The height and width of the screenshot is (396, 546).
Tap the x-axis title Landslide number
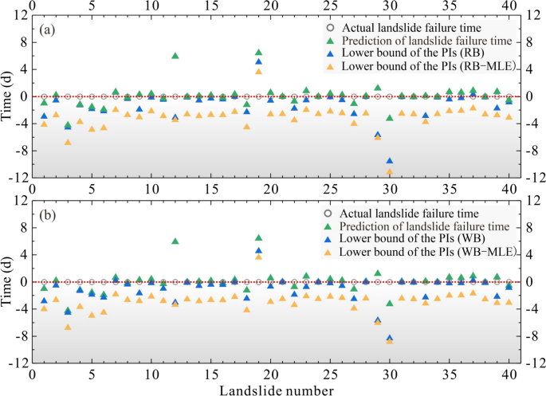coord(271,390)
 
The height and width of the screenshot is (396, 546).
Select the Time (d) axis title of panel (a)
coord(7,96)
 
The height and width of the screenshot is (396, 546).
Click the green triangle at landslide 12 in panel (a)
coord(175,56)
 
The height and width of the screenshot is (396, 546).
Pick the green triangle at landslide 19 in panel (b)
coord(258,237)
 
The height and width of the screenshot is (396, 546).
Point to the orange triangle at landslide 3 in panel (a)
coord(68,142)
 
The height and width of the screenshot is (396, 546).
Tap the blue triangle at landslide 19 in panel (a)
coord(258,61)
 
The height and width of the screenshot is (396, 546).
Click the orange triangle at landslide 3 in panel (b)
coord(68,327)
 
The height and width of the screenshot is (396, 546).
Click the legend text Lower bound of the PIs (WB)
coord(415,239)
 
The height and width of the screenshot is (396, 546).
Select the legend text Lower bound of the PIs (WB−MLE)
coord(427,253)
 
